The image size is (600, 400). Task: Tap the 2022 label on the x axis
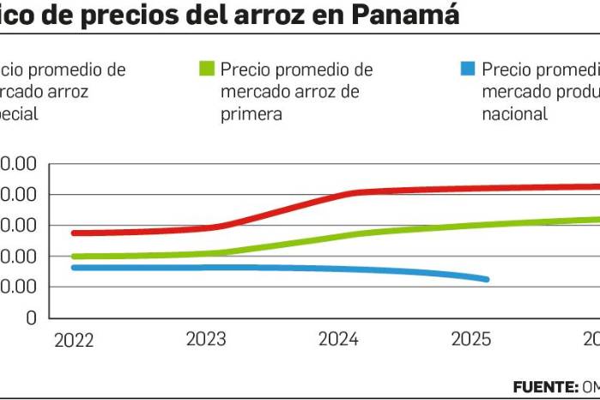pos(75,340)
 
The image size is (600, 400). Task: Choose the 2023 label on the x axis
pos(206,340)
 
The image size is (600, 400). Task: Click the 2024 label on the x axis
pos(338,340)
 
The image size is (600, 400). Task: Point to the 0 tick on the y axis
pos(32,318)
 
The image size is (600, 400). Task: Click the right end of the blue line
pos(487,279)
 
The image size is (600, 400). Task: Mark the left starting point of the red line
pos(74,233)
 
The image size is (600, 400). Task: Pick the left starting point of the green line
pos(74,257)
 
